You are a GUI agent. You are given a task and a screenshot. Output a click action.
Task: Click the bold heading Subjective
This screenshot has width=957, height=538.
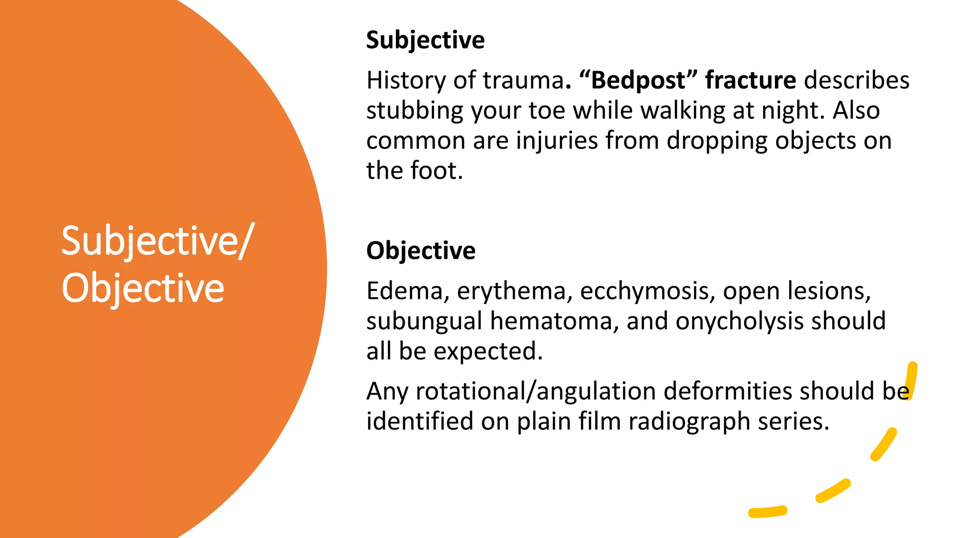pos(425,40)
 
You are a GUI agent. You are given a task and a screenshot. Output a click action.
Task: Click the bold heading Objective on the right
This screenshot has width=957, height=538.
pos(421,251)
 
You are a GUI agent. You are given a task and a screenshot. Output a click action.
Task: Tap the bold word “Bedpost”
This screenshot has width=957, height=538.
pos(638,80)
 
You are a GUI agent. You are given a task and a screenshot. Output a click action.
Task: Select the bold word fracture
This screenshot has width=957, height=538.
pos(750,80)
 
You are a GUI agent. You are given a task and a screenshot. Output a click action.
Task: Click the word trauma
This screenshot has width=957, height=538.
pos(523,80)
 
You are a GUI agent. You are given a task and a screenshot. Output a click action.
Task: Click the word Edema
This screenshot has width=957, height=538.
pos(405,291)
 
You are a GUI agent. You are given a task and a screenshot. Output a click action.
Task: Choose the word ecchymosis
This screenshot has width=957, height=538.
pos(647,292)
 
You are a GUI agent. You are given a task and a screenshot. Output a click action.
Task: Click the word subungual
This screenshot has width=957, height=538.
pos(424,321)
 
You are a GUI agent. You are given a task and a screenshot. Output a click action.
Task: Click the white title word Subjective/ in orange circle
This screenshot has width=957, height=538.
pos(157,241)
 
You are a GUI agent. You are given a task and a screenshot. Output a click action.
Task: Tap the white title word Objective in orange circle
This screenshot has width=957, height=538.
pos(143,288)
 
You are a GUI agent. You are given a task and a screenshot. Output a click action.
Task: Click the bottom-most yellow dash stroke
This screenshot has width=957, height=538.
pos(767,512)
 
